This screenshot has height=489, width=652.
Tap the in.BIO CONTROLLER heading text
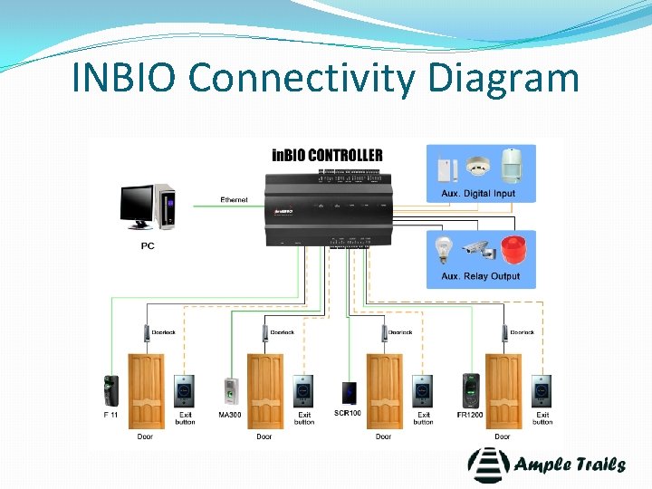pyautogui.click(x=327, y=155)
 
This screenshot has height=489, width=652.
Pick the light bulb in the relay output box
pyautogui.click(x=444, y=249)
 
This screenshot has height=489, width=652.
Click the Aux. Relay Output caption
pyautogui.click(x=480, y=276)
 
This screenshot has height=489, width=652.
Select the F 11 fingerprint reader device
pyautogui.click(x=111, y=390)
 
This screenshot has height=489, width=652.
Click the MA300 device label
pyautogui.click(x=230, y=415)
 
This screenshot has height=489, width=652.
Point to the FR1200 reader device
pyautogui.click(x=469, y=390)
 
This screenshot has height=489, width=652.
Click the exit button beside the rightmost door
pyautogui.click(x=542, y=390)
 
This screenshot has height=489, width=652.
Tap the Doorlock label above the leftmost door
pyautogui.click(x=163, y=332)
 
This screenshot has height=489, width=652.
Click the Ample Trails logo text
pyautogui.click(x=570, y=465)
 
